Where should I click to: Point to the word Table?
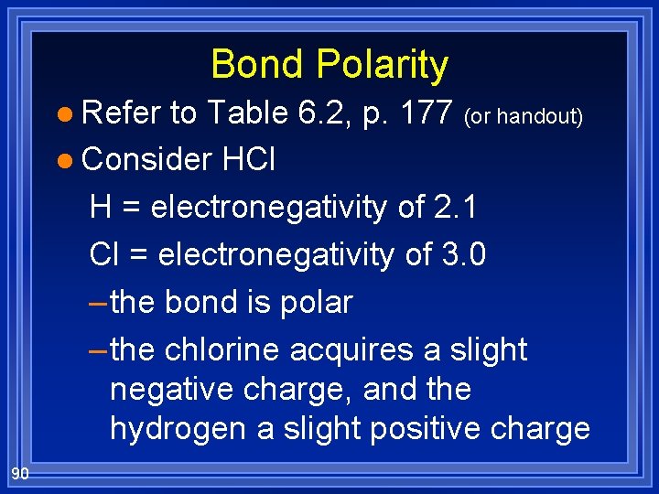[249, 113]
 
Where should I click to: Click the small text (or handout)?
[524, 117]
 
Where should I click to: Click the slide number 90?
[20, 473]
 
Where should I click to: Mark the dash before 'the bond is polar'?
[99, 303]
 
